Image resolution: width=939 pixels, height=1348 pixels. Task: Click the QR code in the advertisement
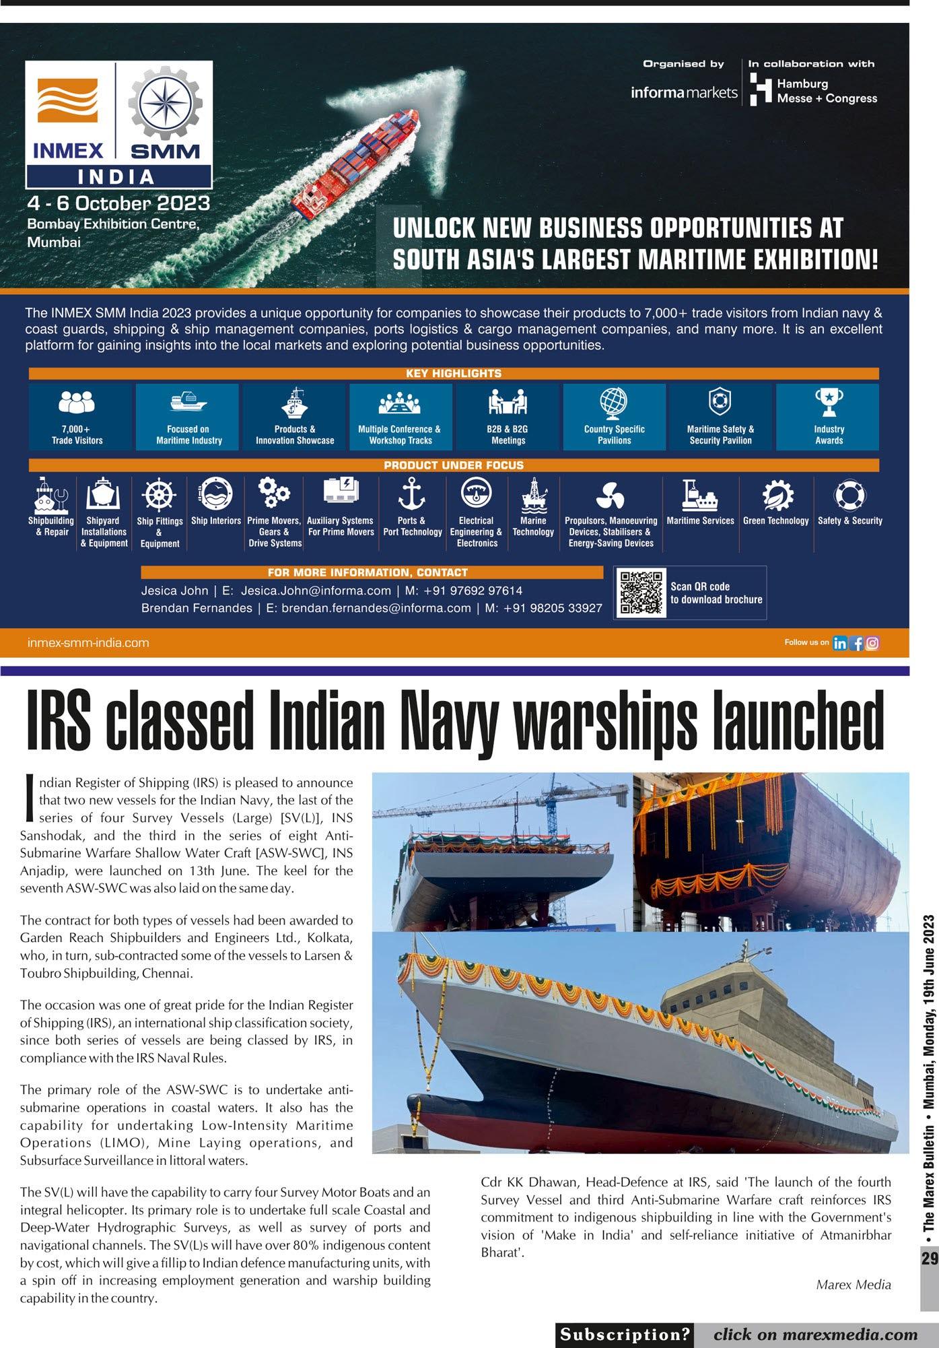639,592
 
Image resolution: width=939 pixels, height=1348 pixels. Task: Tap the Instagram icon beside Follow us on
872,643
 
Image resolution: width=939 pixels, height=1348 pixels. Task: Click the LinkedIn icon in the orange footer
839,643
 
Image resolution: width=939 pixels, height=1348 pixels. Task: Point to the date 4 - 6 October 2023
118,203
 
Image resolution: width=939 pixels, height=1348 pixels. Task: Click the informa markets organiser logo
684,92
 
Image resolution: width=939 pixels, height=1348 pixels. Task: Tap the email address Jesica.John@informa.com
316,591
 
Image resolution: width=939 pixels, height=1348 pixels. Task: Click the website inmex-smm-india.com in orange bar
88,643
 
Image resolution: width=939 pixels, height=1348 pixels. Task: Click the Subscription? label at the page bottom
625,1334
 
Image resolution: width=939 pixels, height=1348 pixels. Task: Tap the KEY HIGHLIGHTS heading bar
453,373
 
